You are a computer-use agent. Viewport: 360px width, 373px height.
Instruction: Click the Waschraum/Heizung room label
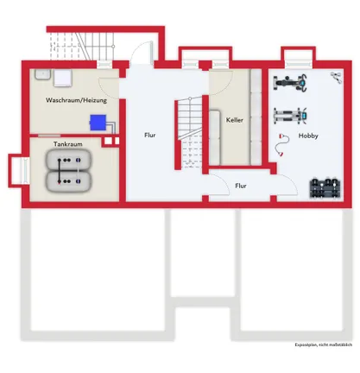(76, 100)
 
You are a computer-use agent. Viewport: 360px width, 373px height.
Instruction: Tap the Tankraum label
(68, 144)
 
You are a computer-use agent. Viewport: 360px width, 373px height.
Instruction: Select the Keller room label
(235, 120)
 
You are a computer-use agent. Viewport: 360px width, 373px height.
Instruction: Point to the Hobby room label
(308, 136)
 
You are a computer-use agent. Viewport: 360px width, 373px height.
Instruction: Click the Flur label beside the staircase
(150, 135)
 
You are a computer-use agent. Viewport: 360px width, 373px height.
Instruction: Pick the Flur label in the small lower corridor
(241, 186)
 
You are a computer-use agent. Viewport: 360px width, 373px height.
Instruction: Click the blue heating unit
(98, 123)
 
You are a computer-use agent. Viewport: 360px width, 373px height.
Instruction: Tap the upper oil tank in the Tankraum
(68, 160)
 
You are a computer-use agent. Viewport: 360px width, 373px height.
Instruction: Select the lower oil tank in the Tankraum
(68, 181)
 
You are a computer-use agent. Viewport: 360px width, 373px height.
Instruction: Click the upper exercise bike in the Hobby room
(290, 83)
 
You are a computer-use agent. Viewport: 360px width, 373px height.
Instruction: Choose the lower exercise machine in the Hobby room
(290, 116)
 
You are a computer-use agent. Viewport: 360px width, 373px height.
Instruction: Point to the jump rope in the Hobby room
(281, 145)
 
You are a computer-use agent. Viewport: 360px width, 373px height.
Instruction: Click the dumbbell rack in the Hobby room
(325, 188)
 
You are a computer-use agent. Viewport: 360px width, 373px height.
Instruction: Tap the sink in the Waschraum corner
(43, 74)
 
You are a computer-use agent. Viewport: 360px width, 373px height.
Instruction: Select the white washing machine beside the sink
(62, 78)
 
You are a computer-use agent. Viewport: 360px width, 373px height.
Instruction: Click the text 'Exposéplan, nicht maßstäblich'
(323, 345)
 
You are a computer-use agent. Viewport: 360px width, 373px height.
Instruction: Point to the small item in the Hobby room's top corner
(336, 78)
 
